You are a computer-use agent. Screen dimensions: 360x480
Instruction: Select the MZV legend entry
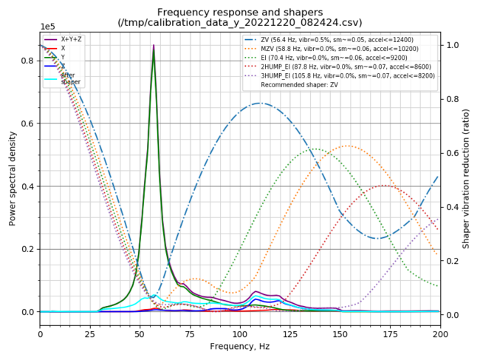pos(335,48)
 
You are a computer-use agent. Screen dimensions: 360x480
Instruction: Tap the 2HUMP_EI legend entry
pos(340,66)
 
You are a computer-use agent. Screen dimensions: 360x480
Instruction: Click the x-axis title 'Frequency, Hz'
pos(240,346)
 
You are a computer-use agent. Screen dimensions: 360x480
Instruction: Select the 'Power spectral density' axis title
pos(13,178)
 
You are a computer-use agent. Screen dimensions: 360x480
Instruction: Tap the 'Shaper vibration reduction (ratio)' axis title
pos(466,178)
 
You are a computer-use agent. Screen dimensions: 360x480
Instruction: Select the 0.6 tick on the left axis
pos(28,123)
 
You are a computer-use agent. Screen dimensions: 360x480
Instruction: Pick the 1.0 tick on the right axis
pos(452,45)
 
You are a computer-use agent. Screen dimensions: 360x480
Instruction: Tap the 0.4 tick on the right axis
pos(452,207)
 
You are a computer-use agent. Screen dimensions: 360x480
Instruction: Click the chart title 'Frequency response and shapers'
pos(239,13)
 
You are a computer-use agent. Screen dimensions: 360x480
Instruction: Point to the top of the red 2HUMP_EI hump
pos(384,186)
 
